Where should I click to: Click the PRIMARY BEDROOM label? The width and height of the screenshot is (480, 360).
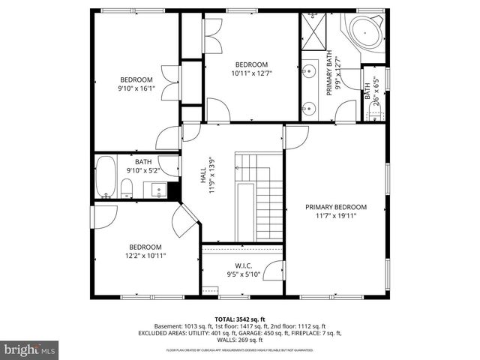click(335, 207)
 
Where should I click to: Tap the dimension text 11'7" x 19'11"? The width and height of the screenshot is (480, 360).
click(335, 216)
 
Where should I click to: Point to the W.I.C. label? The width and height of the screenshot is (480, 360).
click(243, 265)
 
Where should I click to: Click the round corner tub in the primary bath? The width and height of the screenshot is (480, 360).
click(363, 32)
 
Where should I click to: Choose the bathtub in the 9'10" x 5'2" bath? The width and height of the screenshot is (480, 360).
click(106, 177)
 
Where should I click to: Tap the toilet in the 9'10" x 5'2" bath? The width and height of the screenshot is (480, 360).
click(127, 187)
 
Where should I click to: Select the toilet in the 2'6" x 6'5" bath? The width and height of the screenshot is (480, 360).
click(376, 114)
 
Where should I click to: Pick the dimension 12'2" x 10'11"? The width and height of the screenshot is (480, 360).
click(145, 256)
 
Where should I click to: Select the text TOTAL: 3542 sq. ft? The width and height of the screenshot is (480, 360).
click(239, 319)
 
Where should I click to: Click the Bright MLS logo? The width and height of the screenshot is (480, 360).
click(31, 349)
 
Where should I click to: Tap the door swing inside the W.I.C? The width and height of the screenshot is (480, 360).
click(273, 269)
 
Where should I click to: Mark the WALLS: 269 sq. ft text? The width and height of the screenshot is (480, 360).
click(239, 340)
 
